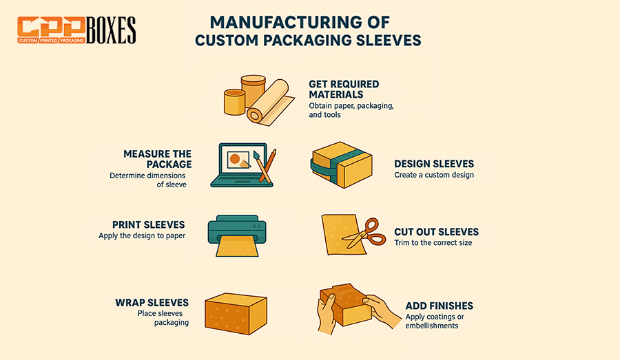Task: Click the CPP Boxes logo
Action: tap(76, 30)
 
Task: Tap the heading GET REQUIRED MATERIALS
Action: tap(344, 89)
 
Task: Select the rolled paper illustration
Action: tap(271, 103)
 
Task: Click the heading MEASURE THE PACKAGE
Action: tap(157, 159)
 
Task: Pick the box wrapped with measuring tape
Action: tap(341, 165)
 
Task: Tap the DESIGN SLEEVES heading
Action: tap(434, 164)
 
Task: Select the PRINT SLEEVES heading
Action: tap(148, 224)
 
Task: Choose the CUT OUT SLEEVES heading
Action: tap(436, 232)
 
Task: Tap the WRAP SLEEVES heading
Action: tap(152, 303)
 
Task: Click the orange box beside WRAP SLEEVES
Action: tap(236, 314)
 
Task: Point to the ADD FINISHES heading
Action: tap(439, 306)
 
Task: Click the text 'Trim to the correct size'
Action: tap(433, 242)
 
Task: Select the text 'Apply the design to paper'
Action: tap(142, 235)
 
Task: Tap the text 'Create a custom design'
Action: tap(434, 175)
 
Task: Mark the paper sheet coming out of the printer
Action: tap(237, 246)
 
